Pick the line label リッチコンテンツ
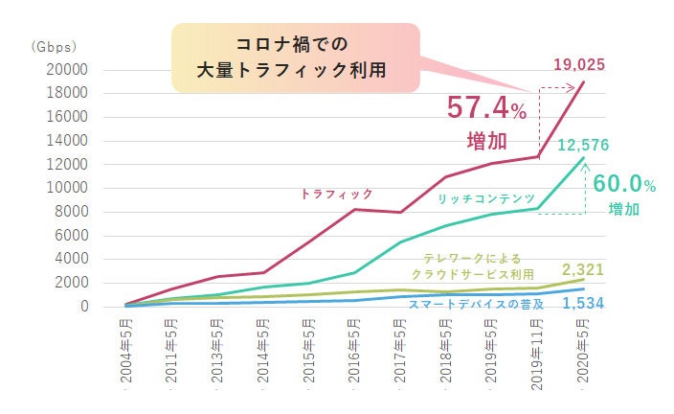point(485,198)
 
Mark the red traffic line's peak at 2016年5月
point(353,209)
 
